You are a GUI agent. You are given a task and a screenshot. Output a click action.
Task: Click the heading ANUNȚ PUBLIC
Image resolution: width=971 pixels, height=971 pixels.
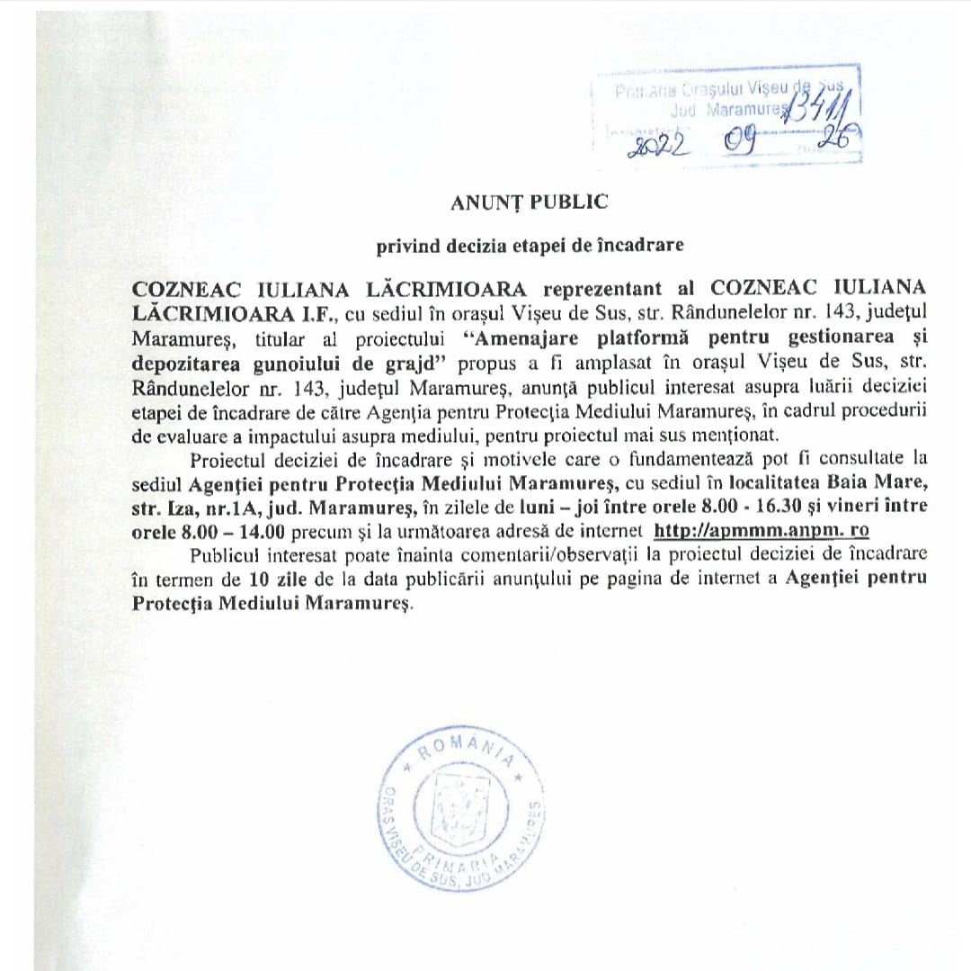(530, 202)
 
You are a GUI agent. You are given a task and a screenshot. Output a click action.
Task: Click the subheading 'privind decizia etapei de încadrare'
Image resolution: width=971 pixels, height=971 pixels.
(530, 244)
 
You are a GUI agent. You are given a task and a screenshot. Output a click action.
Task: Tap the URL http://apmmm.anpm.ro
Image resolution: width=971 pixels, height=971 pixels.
(761, 530)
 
